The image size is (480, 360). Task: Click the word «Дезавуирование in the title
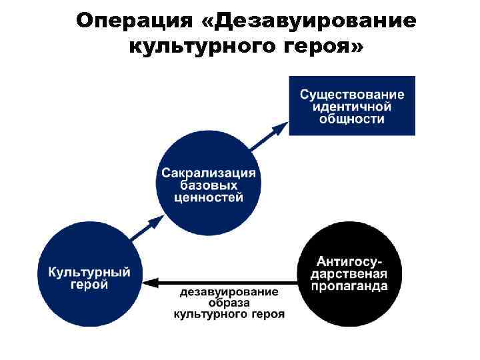click(x=308, y=21)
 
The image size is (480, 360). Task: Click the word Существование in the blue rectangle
click(x=352, y=95)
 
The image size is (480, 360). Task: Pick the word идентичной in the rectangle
click(x=352, y=107)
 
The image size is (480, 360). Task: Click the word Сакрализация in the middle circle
click(x=208, y=173)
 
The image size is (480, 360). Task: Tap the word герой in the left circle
click(x=89, y=285)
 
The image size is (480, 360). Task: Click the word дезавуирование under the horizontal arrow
click(x=229, y=293)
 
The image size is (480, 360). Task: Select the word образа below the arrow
click(x=229, y=303)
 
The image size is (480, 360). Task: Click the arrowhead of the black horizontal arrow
click(x=152, y=282)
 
